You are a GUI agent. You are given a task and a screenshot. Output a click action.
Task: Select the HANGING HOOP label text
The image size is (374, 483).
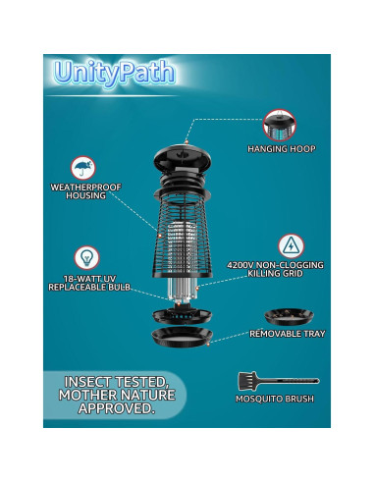pyautogui.click(x=279, y=149)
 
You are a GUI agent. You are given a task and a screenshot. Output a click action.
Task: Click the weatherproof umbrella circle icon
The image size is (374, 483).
pyautogui.click(x=83, y=169)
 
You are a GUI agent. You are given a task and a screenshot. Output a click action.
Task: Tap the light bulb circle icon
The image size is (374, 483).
pyautogui.click(x=86, y=257)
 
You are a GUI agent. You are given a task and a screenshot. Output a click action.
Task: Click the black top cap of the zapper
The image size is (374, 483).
pyautogui.click(x=179, y=156)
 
